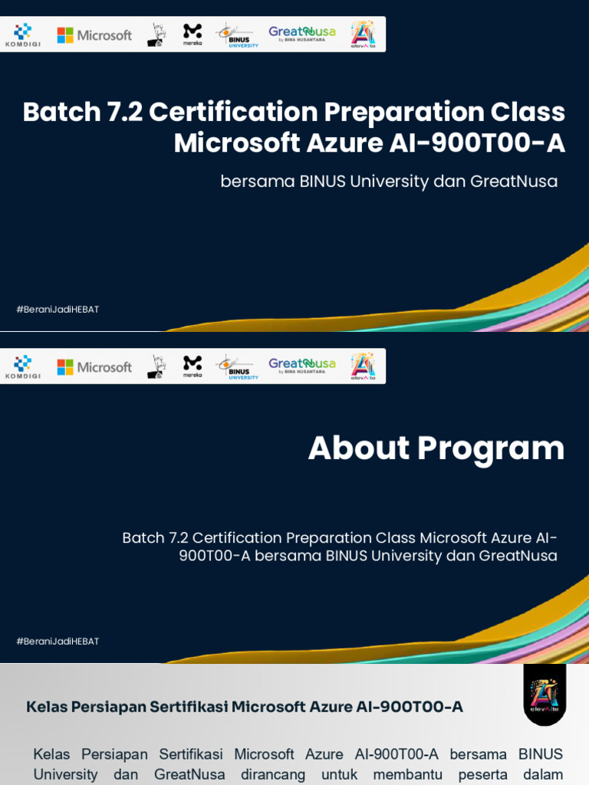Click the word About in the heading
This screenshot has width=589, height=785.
359,448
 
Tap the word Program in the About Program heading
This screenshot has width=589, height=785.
491,448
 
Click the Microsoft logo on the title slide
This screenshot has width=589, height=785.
94,35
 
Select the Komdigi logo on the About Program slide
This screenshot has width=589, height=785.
23,366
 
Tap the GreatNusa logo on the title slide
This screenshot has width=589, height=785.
301,34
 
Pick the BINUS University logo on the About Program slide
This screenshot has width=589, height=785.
237,366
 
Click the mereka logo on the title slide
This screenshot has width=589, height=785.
192,34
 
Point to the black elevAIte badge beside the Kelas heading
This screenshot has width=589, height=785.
545,695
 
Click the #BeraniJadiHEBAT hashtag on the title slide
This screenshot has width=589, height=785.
58,310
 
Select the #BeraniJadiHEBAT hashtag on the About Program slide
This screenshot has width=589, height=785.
58,642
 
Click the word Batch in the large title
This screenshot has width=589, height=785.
62,112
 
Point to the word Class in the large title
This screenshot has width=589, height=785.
528,112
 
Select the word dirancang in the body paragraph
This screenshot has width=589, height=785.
273,774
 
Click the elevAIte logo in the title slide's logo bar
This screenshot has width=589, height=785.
363,34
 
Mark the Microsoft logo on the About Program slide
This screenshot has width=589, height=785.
94,367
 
